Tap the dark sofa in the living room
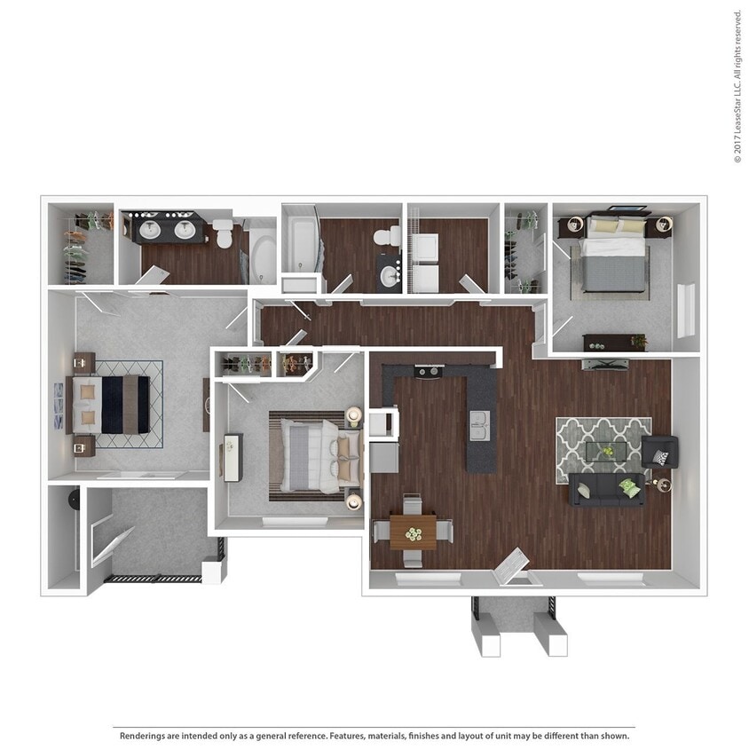[x=607, y=489]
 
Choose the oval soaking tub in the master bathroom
[x=264, y=256]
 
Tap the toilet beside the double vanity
[x=223, y=234]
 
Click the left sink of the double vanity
[x=148, y=231]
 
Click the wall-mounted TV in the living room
[x=605, y=364]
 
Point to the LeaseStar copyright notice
[x=737, y=86]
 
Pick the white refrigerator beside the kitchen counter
[x=382, y=423]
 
